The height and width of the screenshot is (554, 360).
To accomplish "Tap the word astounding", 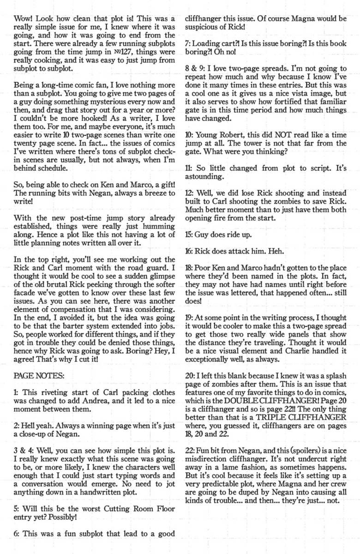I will coord(204,177).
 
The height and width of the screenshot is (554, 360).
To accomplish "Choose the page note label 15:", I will coord(188,235).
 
